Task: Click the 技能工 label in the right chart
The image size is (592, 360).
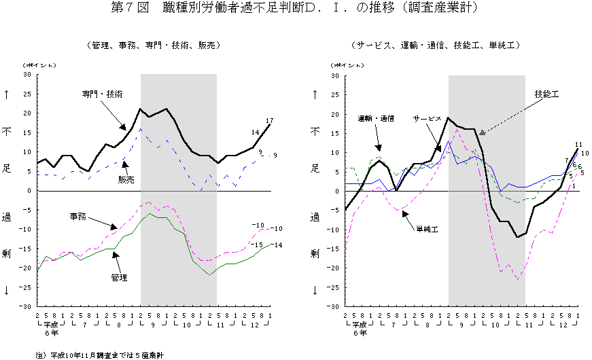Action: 546,94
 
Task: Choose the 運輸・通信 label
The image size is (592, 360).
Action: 376,118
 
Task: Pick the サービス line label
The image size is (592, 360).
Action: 428,118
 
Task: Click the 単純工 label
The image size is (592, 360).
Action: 427,230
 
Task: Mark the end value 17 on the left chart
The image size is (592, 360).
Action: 270,121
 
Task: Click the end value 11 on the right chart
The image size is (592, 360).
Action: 578,144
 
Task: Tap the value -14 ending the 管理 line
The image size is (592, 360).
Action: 277,245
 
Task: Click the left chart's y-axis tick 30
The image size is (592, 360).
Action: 28,75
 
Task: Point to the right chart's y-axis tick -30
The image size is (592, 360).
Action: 335,307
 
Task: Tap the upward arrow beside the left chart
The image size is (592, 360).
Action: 7,94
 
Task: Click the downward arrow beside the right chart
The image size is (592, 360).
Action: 315,290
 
